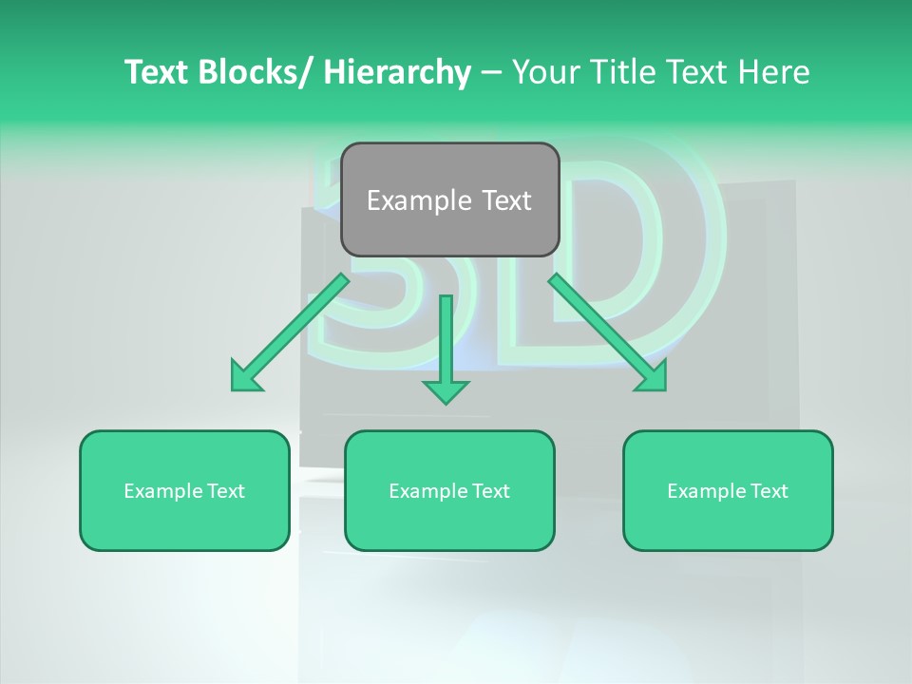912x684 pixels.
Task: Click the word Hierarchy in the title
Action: coord(397,72)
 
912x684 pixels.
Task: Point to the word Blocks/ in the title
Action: coord(250,72)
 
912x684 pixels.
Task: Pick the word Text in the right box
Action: coord(767,491)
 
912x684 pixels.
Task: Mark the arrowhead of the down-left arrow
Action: coord(243,378)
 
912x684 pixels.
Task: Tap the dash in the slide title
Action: coord(491,72)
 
